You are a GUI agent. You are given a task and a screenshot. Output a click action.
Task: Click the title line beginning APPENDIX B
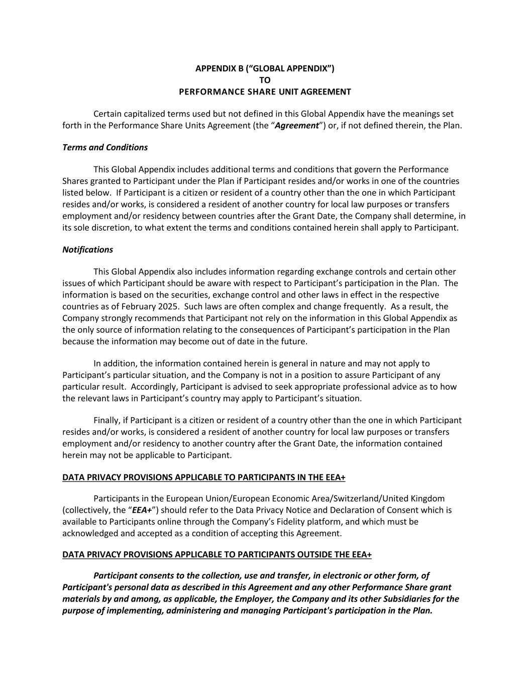[265, 68]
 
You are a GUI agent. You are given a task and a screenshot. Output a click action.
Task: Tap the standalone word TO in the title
[265, 80]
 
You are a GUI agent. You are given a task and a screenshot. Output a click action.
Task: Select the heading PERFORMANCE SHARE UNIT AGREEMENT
[265, 91]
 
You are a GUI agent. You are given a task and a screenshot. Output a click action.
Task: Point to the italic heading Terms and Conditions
[105, 147]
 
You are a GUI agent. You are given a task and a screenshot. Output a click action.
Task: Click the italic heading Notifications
[87, 250]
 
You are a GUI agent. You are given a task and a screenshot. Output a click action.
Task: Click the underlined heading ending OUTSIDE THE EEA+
[217, 554]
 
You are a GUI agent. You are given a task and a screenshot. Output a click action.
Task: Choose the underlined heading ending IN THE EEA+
[204, 477]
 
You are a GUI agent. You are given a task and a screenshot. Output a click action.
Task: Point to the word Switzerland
[356, 499]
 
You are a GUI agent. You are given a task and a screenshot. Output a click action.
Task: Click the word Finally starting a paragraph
[107, 420]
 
